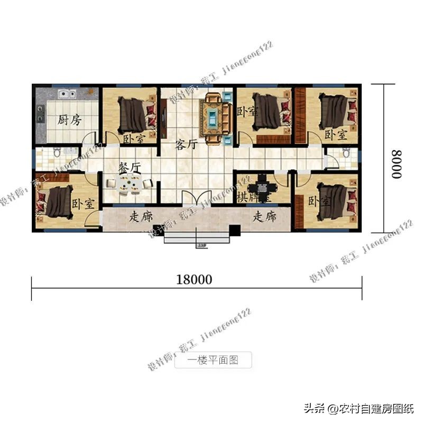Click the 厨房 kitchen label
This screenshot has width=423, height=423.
click(x=69, y=121)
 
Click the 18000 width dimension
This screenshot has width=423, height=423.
click(x=194, y=280)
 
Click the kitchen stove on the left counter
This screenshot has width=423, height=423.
click(x=40, y=113)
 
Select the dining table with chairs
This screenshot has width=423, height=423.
click(x=128, y=184)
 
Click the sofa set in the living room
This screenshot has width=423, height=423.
click(x=215, y=117)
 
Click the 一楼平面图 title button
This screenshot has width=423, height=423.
click(x=213, y=361)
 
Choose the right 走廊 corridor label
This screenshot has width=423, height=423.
click(x=264, y=216)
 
